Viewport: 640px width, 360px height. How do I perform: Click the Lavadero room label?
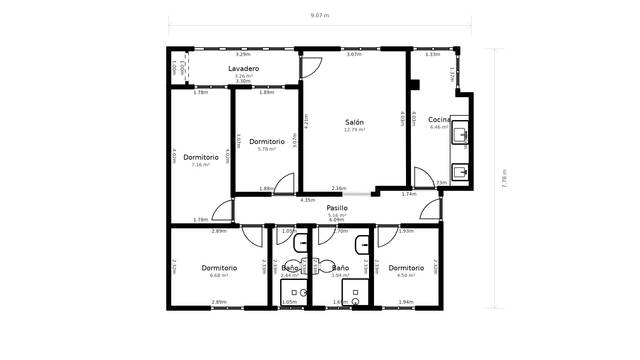(x=243, y=68)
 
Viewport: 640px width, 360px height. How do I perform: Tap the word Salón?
(x=354, y=121)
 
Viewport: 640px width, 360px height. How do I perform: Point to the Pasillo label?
(x=337, y=207)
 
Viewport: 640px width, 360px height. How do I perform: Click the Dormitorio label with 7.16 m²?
(x=201, y=157)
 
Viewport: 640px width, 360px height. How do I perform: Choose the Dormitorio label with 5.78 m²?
(x=267, y=141)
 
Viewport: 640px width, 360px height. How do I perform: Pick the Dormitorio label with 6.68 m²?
(x=218, y=267)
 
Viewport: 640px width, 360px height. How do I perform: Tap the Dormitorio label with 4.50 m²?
(x=406, y=267)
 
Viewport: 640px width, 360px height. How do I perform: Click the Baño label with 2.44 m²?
(x=290, y=268)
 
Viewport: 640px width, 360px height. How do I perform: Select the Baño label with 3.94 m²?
(x=340, y=268)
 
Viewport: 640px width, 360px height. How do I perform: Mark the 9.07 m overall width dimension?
(x=319, y=16)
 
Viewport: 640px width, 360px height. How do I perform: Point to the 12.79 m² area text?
(x=354, y=130)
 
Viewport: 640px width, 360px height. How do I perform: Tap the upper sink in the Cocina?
(x=460, y=135)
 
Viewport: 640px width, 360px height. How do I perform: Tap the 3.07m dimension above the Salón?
(x=353, y=55)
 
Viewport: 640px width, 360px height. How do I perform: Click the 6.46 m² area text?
(x=439, y=128)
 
